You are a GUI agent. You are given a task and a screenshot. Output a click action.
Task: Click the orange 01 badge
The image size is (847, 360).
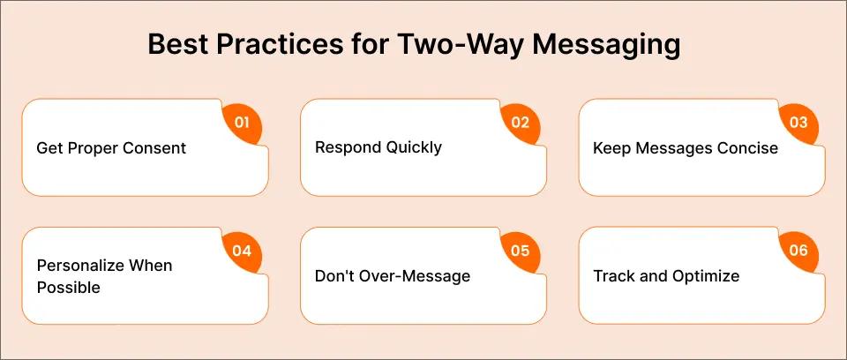tap(242, 123)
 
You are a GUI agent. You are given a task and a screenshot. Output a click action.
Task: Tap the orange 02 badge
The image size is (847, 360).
tap(520, 123)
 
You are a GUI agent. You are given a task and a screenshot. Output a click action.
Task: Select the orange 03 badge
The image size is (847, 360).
tap(798, 123)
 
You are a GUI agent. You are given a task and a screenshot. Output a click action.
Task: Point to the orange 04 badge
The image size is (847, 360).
tap(242, 251)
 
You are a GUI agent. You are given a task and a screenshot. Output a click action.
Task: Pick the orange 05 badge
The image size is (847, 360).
tap(520, 251)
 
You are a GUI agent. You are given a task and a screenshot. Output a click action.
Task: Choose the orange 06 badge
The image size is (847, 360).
tap(798, 251)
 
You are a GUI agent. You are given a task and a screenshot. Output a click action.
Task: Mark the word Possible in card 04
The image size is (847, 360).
tap(69, 288)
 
